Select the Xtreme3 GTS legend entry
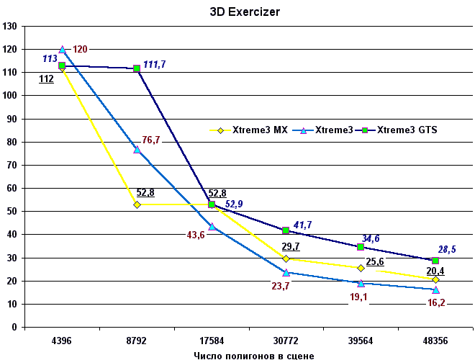tap(407, 130)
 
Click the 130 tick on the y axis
tap(10, 27)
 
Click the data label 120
tap(80, 50)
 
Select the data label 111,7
tap(155, 65)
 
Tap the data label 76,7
tap(151, 140)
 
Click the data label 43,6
tap(195, 235)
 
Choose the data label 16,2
tap(436, 304)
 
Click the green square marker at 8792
tap(137, 68)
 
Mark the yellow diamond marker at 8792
tap(137, 205)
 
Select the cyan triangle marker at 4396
tap(62, 50)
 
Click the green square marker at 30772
tap(286, 230)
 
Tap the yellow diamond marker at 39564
tap(361, 268)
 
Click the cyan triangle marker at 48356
tap(435, 289)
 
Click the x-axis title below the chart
tap(253, 355)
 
